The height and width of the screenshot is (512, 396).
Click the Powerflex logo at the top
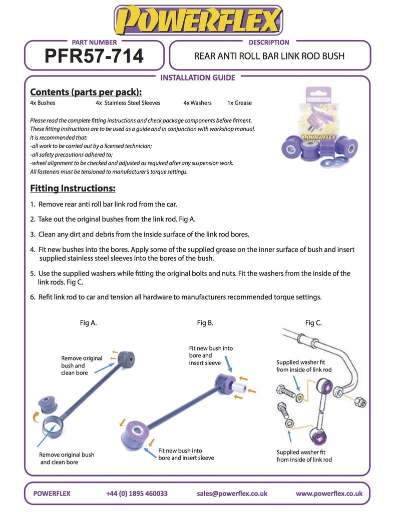(x=198, y=21)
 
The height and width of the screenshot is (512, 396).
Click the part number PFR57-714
(x=94, y=56)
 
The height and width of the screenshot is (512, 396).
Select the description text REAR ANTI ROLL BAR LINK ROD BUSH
(x=269, y=56)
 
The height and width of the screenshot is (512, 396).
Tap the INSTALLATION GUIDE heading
(x=197, y=77)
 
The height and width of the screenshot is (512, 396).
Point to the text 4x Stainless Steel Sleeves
(x=128, y=103)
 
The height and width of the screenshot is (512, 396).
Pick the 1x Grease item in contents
(x=239, y=103)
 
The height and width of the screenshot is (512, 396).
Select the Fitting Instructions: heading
(x=73, y=188)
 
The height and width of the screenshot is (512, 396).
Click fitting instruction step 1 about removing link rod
(x=104, y=204)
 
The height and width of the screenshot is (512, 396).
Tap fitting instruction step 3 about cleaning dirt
(x=140, y=234)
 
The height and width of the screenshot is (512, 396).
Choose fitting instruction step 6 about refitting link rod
(x=176, y=297)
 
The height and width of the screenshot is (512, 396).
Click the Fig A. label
(x=88, y=323)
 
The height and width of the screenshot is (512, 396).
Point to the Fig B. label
(x=205, y=323)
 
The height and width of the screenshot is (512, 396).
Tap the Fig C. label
(x=313, y=323)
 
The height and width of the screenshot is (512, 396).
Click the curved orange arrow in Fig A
(x=36, y=416)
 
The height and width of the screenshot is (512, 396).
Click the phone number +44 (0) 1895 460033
(x=137, y=493)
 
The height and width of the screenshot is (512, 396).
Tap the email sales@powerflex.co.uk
(x=232, y=493)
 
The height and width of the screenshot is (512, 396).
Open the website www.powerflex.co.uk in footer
(x=329, y=493)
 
